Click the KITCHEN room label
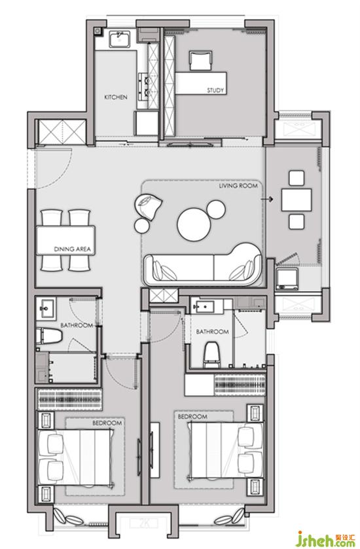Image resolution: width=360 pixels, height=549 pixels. point(116,97)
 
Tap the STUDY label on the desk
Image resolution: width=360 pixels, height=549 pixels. point(215,90)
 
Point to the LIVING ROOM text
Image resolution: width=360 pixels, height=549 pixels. point(238,186)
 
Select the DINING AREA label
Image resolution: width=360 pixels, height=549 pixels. point(72,249)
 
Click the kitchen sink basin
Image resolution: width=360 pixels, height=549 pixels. point(119,39)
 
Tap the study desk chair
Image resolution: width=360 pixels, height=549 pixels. point(200,61)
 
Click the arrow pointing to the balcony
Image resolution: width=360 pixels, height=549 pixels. point(267,199)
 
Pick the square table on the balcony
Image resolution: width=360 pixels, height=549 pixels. point(297,200)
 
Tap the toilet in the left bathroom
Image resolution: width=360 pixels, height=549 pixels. point(49,336)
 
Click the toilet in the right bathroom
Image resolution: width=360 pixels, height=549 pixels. point(211,355)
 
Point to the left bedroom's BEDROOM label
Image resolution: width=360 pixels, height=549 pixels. point(107,423)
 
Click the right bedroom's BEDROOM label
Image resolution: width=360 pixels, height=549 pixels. point(192,417)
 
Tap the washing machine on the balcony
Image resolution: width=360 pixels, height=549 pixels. point(287,279)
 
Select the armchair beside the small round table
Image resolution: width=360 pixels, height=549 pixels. point(149,207)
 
